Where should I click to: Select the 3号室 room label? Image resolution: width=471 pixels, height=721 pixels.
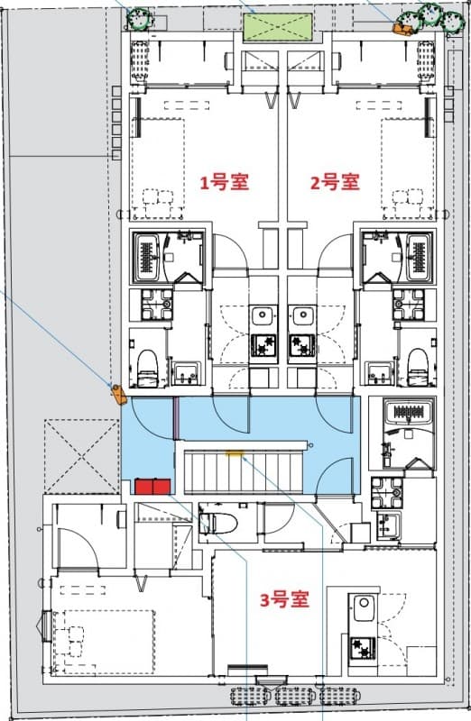pyautogui.click(x=284, y=599)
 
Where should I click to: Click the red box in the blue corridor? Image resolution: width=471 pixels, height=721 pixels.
pyautogui.click(x=153, y=487)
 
